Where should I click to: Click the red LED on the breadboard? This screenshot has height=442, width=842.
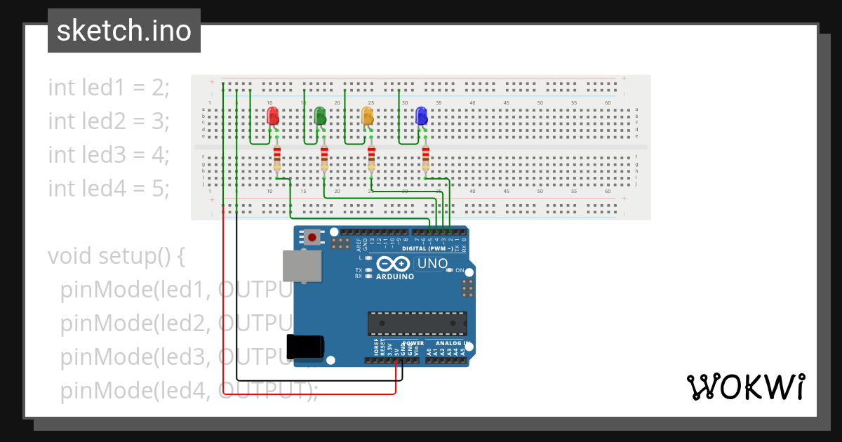tap(273, 116)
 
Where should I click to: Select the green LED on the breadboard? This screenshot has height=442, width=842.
tap(320, 116)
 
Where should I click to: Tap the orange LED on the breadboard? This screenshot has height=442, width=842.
tap(367, 116)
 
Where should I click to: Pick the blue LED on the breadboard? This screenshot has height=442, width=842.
tap(421, 116)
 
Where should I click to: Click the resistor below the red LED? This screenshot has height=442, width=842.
tap(277, 159)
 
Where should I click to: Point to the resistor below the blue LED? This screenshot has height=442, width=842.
tap(425, 159)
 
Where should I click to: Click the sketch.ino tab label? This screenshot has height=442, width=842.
tap(124, 31)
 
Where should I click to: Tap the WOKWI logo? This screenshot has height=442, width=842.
tap(745, 387)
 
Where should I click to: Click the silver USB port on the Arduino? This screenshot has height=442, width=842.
tap(302, 266)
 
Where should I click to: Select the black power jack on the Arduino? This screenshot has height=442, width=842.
tap(305, 347)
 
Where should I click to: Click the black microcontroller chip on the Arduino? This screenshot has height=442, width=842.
tap(417, 323)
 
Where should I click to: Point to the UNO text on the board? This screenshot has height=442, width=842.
tap(432, 264)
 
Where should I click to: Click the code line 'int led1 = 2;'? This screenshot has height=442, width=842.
tap(109, 88)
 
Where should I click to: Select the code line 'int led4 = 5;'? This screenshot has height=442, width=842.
tap(109, 188)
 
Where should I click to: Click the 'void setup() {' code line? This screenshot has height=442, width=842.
tap(116, 256)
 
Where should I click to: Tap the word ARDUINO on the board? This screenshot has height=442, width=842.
tap(394, 276)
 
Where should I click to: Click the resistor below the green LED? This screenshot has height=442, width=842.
tap(324, 159)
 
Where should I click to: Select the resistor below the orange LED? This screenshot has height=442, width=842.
tap(371, 159)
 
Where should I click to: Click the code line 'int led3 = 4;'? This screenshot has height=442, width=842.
tap(109, 154)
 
